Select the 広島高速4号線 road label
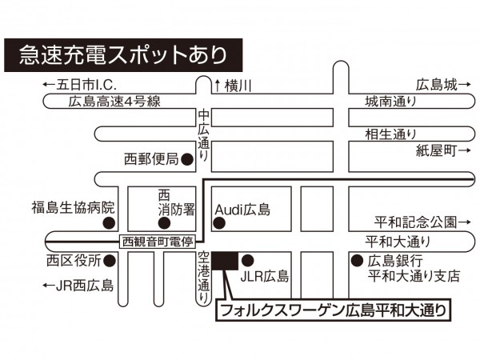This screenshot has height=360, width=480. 115,102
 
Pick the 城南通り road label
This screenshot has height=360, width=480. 390,102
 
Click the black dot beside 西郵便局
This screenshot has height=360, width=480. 186,159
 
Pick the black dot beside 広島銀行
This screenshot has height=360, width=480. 357,261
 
